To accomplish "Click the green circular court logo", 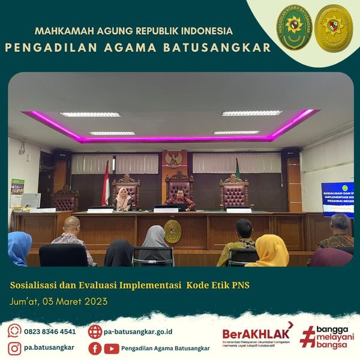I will click(x=293, y=28).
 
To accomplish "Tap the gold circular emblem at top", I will click(x=334, y=28).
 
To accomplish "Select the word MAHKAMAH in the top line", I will click(x=60, y=31).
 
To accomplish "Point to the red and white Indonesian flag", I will click(x=106, y=183).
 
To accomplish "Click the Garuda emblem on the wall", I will click(x=173, y=160).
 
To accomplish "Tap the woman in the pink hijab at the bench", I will click(x=123, y=199).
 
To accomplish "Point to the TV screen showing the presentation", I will click(x=337, y=199).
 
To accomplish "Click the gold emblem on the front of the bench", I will click(x=173, y=232).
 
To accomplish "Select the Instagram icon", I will click(x=14, y=347).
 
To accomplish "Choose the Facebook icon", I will click(x=95, y=348).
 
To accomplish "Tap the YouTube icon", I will click(x=111, y=348).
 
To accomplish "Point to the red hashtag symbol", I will click(x=307, y=337).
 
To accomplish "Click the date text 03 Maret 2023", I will click(x=76, y=301).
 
